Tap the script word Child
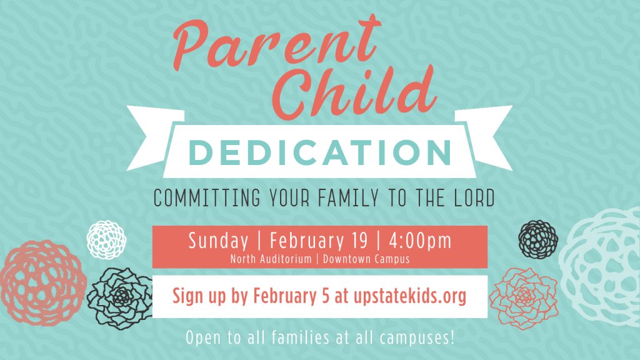coord(354,92)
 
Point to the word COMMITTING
coord(206,197)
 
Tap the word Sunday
coord(218,241)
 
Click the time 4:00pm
coord(420,241)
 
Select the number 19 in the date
coord(359,241)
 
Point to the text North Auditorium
coord(271,259)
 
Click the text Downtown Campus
coord(366,259)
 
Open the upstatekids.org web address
coord(410,296)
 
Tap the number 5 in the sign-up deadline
coord(325,296)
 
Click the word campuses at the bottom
coord(417,338)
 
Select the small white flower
coord(106,239)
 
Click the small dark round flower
coord(538,239)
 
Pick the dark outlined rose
coord(120,298)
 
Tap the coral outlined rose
coord(524,298)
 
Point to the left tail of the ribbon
coord(153,137)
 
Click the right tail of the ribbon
coord(486,137)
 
